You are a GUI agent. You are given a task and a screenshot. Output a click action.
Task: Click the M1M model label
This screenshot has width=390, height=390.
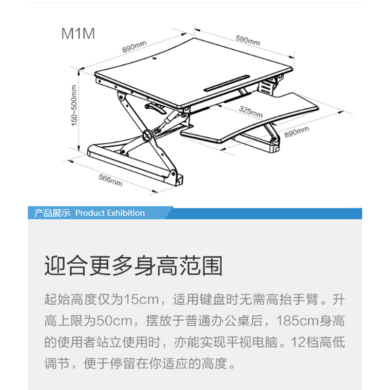coord(78,34)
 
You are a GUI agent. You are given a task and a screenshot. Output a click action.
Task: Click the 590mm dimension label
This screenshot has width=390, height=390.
coord(248,40)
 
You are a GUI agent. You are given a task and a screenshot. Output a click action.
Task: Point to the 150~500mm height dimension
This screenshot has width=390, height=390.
coord(74,105)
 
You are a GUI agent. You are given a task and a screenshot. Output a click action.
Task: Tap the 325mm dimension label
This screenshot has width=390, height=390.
coord(251,112)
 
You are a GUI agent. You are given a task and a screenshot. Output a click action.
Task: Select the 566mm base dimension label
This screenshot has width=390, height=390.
coord(111,180)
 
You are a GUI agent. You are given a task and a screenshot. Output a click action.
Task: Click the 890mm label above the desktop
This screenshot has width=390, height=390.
coord(135,46)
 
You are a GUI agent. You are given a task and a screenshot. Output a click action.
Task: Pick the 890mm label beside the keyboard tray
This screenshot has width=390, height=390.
coord(296,132)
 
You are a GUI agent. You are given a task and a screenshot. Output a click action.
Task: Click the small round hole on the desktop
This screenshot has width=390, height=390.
coord(154,59)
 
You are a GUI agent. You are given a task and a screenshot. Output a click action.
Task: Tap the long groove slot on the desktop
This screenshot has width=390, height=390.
coord(227,82)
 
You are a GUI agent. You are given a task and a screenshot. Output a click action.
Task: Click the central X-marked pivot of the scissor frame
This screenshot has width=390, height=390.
coord(148,136)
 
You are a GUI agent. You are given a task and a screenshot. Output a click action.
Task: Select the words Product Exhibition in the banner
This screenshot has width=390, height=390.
coord(110,213)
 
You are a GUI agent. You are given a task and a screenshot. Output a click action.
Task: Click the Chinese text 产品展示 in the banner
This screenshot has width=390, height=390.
coord(52,213)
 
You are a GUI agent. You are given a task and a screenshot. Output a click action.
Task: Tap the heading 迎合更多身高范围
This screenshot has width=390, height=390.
coord(133,266)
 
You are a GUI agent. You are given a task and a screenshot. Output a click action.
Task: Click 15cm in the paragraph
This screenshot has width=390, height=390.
coord(141,299)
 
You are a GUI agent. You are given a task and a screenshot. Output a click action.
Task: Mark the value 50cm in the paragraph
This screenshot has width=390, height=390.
coord(114,321)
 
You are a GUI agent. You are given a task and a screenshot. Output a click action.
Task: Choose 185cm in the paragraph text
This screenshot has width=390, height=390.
coord(298,321)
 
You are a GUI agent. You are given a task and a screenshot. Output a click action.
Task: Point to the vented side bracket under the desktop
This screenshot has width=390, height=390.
coord(266,87)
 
